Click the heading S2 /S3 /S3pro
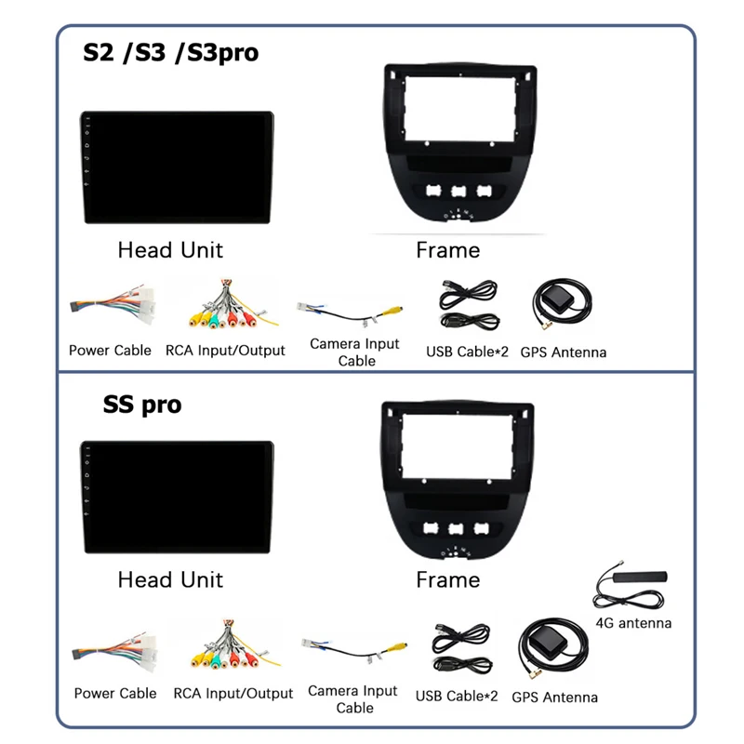pos(170,52)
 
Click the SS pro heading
pos(142,405)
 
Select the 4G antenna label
pos(632,623)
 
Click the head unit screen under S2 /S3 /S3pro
pos(177,168)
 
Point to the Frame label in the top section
pos(447,250)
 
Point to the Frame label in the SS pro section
pos(447,579)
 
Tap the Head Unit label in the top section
pos(170,250)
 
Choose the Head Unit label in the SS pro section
pos(170,579)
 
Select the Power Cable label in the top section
pos(110,351)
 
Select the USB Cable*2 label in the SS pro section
pos(457,695)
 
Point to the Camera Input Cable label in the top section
pos(355,352)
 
